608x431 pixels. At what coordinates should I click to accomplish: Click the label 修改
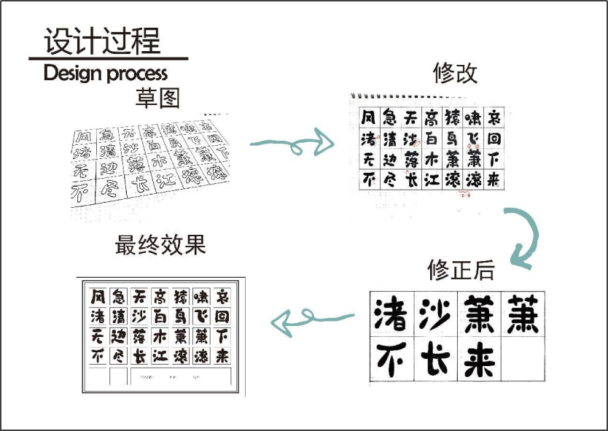[456, 73]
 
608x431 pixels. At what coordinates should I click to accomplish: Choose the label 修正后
[461, 270]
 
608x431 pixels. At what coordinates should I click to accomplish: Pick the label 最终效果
[160, 245]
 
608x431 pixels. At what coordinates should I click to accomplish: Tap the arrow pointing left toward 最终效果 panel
[313, 319]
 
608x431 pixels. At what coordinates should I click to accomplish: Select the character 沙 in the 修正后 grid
[436, 314]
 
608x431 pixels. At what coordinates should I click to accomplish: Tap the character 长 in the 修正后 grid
[436, 359]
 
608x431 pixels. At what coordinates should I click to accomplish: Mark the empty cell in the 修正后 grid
[524, 359]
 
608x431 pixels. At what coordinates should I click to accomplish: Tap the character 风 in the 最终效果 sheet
[98, 297]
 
